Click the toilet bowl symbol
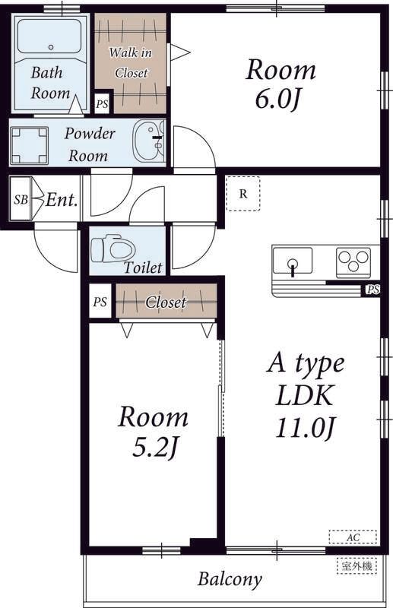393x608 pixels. pyautogui.click(x=113, y=249)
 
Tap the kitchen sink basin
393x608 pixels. pyautogui.click(x=293, y=260)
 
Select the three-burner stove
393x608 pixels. pyautogui.click(x=353, y=261)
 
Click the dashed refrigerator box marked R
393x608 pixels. pyautogui.click(x=243, y=194)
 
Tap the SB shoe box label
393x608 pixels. pyautogui.click(x=21, y=199)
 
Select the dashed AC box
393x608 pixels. pyautogui.click(x=353, y=537)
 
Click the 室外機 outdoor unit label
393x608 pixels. pyautogui.click(x=357, y=565)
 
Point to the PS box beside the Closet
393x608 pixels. pyautogui.click(x=100, y=301)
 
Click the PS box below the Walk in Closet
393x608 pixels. pyautogui.click(x=103, y=104)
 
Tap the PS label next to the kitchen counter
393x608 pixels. pyautogui.click(x=373, y=290)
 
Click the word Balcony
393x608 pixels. pyautogui.click(x=230, y=579)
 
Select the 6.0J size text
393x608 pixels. pyautogui.click(x=277, y=99)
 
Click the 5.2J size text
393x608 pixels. pyautogui.click(x=154, y=447)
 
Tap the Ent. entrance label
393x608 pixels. pyautogui.click(x=62, y=200)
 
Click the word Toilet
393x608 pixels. pyautogui.click(x=143, y=268)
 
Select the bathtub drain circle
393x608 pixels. pyautogui.click(x=51, y=47)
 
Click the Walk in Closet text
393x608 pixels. pyautogui.click(x=131, y=62)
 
